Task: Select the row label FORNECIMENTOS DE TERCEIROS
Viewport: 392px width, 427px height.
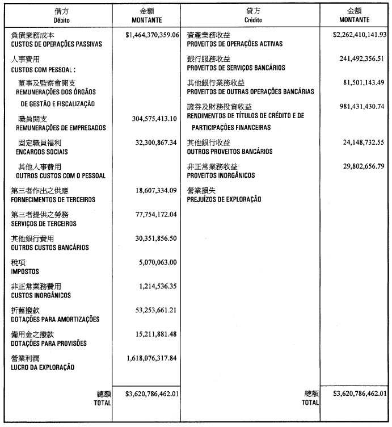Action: pyautogui.click(x=53, y=200)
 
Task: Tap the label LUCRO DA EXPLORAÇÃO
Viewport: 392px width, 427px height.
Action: pyautogui.click(x=43, y=367)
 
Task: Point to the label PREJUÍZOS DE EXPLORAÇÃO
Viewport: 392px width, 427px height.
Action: pyautogui.click(x=224, y=200)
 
